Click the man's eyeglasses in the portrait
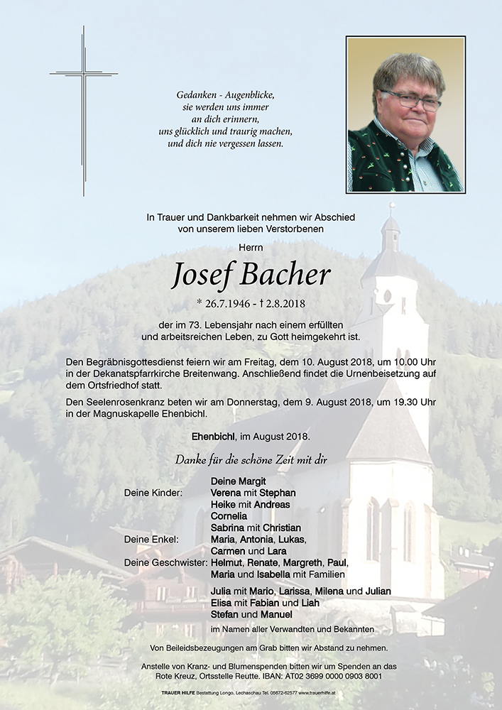click(410, 100)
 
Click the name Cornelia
click(229, 516)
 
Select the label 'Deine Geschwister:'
click(165, 562)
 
